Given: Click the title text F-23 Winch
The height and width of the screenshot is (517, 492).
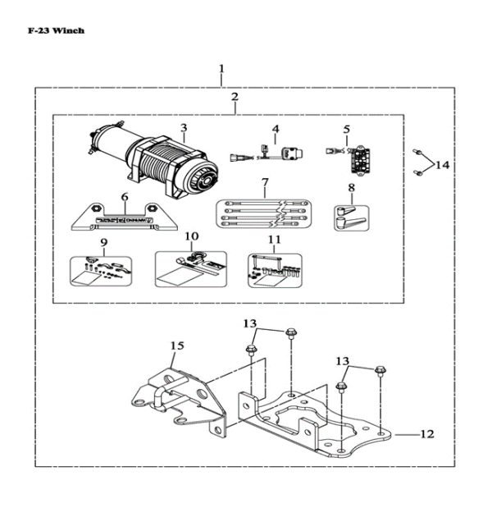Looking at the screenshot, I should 56,30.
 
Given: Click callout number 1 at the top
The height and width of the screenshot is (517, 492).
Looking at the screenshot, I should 221,68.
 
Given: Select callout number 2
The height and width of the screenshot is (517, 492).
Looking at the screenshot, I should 235,97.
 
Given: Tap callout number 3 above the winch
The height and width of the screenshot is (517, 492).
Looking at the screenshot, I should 184,128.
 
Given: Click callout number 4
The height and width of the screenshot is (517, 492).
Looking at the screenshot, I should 276,129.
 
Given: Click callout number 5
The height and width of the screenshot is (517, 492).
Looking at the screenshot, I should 346,129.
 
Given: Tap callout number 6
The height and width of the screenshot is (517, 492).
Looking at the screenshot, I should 125,197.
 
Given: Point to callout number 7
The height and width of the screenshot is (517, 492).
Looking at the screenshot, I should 265,181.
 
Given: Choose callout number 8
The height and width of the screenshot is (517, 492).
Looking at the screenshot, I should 351,188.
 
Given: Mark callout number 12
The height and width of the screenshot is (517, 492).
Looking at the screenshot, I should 426,434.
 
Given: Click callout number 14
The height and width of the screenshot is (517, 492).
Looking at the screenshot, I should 443,165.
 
